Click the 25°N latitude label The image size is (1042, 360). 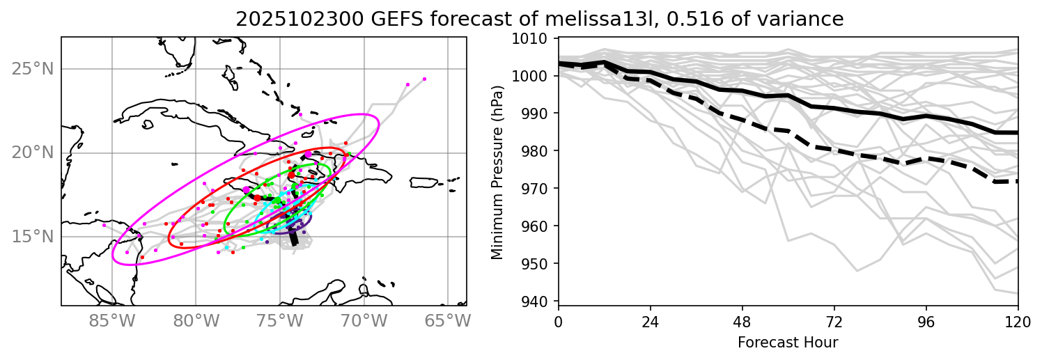point(32,69)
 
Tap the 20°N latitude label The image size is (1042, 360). point(32,152)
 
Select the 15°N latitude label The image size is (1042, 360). point(32,237)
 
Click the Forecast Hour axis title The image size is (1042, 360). point(788,343)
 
